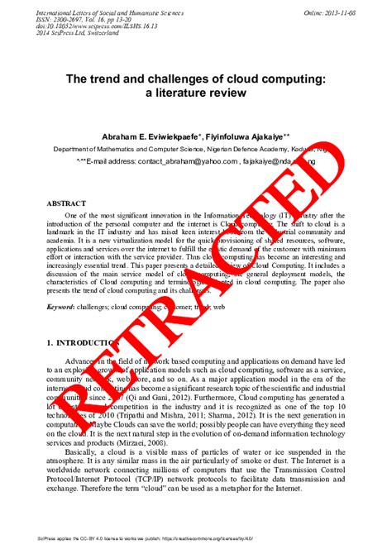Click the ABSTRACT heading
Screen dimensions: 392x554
click(66, 203)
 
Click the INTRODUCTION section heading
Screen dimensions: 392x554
click(81, 342)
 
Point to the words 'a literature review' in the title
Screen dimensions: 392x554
click(196, 93)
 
